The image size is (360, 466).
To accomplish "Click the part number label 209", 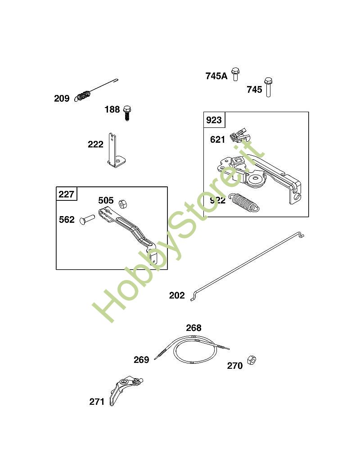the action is pos(62,98).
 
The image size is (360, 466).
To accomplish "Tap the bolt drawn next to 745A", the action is pos(235,74).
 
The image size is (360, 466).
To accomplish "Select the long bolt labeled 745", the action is pos(269,87).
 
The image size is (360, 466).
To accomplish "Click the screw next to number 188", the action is pos(127,113).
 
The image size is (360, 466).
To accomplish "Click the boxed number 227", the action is pos(67,195).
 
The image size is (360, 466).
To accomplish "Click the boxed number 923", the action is pos(214,120).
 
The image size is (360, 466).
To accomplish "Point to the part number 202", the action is pos(177,295).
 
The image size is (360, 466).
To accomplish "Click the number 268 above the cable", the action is pos(194,328).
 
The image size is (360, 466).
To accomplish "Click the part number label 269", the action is pos(141,360).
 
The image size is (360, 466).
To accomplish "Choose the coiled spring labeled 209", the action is pos(85,96).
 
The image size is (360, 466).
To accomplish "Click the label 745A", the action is pos(216,76).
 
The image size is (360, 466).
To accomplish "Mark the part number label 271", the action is pos(97,402).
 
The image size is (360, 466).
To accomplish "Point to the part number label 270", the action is pos(234,366).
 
